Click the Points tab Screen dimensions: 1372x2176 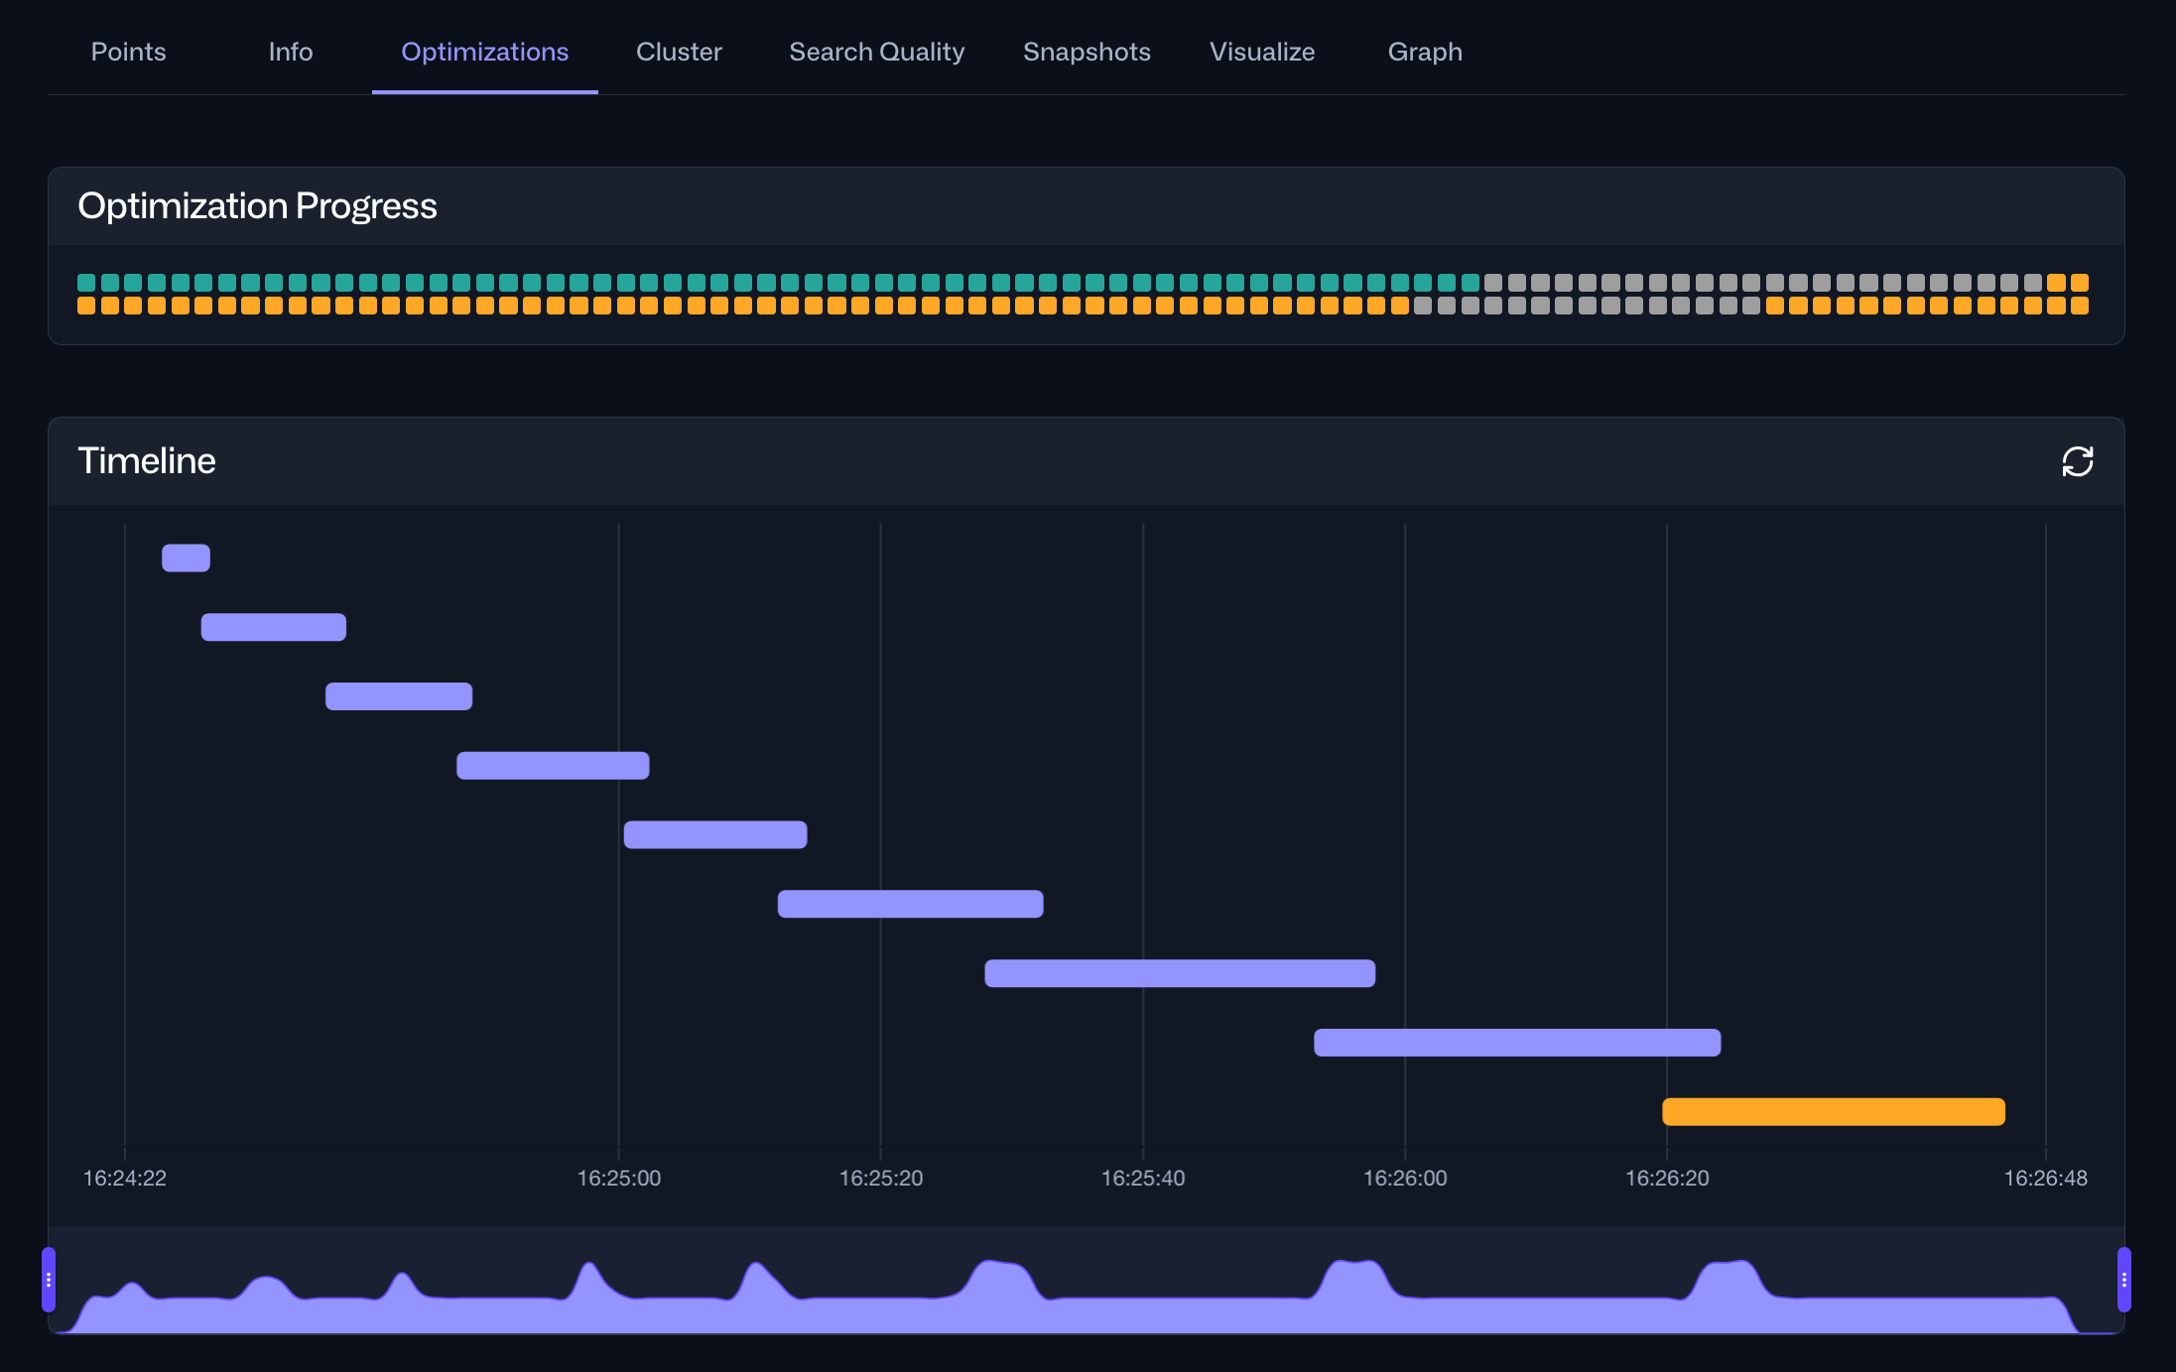click(128, 52)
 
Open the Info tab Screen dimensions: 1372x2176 click(290, 52)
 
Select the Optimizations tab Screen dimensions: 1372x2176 click(484, 52)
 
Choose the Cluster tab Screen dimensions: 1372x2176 click(679, 52)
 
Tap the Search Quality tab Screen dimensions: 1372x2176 click(876, 52)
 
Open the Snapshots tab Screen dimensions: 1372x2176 click(1087, 52)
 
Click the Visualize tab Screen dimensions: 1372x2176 click(1261, 52)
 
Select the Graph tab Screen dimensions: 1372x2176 click(1424, 52)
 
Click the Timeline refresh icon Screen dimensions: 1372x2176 click(2077, 461)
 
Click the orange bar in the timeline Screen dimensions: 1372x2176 click(1833, 1111)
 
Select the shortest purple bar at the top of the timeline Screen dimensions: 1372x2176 click(186, 558)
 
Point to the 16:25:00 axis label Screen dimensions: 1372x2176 click(618, 1178)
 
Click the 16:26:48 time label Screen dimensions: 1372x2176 click(2045, 1178)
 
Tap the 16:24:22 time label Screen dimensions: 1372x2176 click(124, 1178)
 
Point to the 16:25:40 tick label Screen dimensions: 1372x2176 click(1142, 1178)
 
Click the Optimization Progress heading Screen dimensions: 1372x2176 click(257, 206)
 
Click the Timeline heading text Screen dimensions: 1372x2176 click(146, 461)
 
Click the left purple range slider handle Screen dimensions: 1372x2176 click(49, 1280)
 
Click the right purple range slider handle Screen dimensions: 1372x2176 click(2123, 1280)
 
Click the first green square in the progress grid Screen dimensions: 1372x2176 click(86, 283)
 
